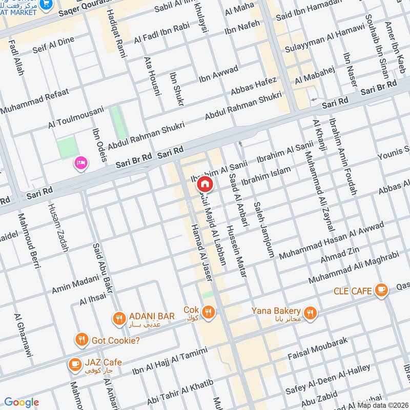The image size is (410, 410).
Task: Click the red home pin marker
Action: coord(204,184)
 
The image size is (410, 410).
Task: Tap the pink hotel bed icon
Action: coord(81,163)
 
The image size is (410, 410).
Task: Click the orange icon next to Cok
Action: coord(208,312)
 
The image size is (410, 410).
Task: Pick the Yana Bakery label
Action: coord(276,311)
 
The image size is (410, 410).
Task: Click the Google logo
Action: coord(21,402)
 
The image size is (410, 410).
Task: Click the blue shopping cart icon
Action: coord(48,4)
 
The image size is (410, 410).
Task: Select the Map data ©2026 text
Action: coord(382,405)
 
